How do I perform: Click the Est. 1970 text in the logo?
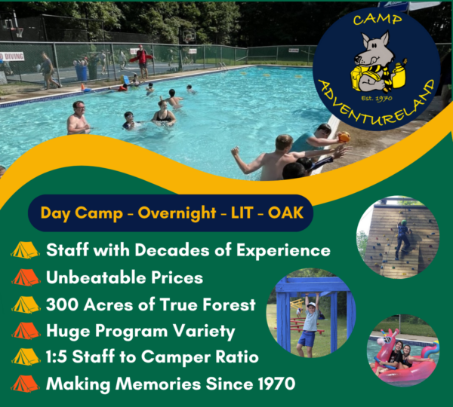pos(372,97)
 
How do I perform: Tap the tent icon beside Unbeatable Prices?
pos(26,277)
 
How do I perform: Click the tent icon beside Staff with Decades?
pos(26,250)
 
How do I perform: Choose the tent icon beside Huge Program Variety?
pos(26,331)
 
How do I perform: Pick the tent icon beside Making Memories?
pos(26,384)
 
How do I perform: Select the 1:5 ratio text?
pos(60,357)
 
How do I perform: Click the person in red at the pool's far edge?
pos(141,60)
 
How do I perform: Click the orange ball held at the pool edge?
pos(344,137)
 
